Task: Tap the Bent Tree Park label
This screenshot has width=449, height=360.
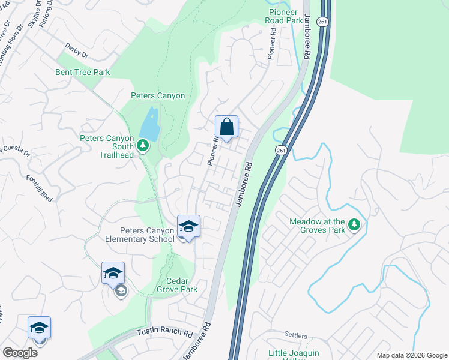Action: click(84, 73)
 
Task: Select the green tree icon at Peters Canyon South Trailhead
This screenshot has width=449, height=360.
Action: click(142, 145)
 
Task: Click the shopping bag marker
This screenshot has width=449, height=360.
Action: click(226, 127)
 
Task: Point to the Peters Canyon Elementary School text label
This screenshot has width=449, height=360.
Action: click(139, 235)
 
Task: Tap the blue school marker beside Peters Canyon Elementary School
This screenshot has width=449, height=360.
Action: click(188, 227)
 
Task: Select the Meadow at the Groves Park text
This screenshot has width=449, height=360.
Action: click(318, 226)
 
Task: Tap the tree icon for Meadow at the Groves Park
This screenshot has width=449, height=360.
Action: click(354, 224)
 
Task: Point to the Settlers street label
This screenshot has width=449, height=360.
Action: click(295, 335)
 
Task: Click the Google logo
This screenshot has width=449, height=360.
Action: click(20, 353)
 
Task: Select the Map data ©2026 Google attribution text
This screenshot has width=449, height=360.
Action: click(411, 355)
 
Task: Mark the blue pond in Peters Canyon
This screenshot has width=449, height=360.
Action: click(150, 124)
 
